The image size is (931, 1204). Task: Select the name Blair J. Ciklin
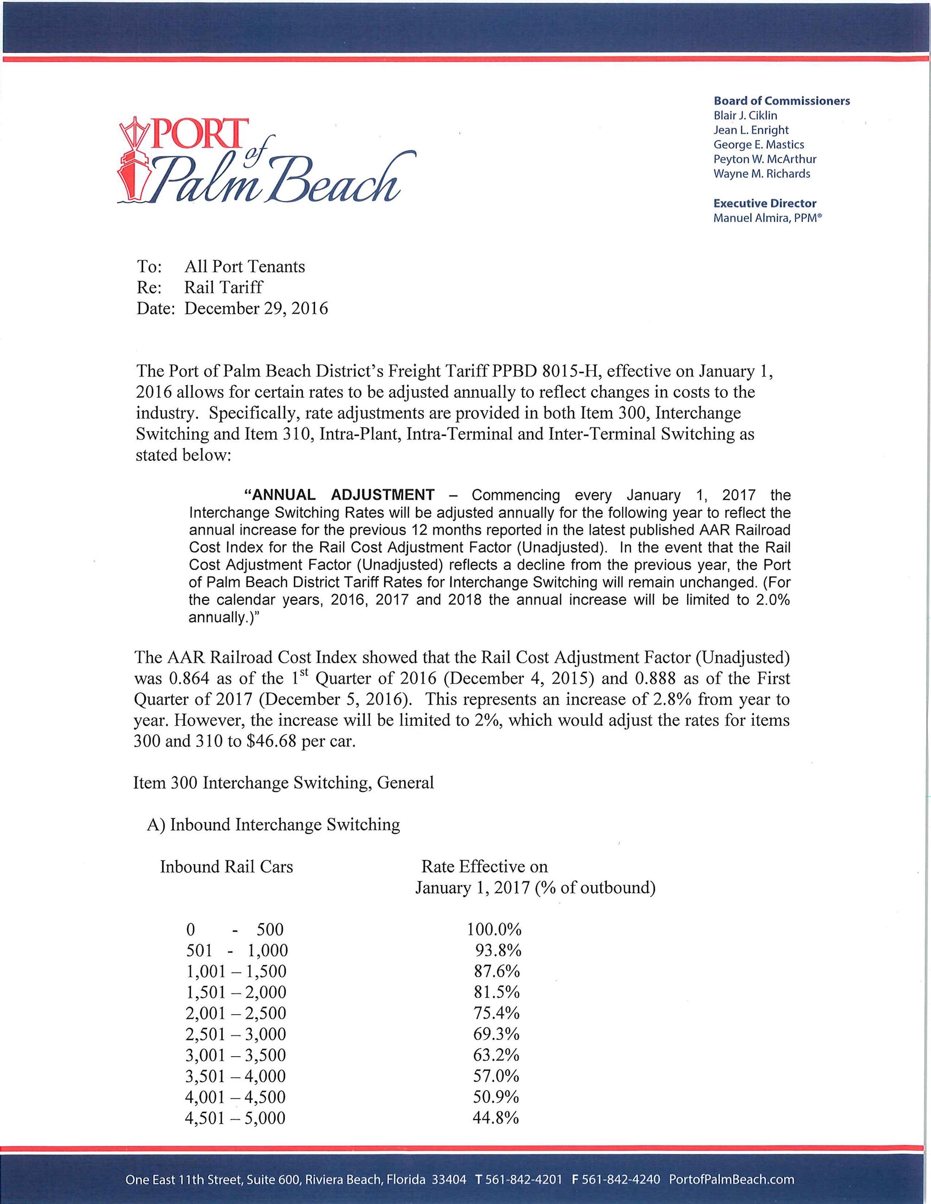click(x=745, y=115)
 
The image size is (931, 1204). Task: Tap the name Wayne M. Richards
click(x=762, y=174)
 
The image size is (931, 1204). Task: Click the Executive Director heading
click(x=765, y=203)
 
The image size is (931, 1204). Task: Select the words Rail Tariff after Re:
click(x=224, y=287)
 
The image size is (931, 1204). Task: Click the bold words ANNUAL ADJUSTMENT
click(x=339, y=495)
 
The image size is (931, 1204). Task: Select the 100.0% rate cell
click(x=494, y=929)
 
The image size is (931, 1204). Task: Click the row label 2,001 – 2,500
click(x=236, y=1013)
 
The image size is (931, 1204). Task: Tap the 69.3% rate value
click(x=496, y=1034)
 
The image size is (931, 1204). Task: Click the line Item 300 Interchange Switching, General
click(x=284, y=782)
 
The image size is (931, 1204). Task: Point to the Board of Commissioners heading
click(x=781, y=101)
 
